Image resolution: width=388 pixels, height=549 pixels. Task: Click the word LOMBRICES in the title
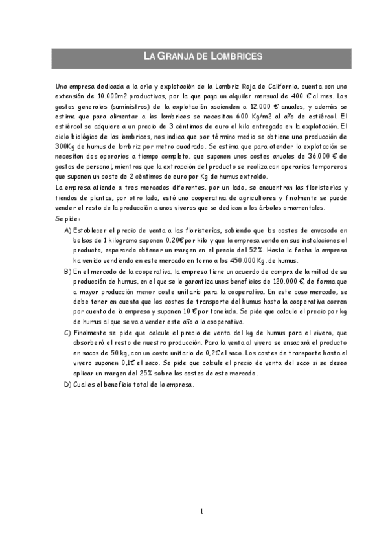point(236,56)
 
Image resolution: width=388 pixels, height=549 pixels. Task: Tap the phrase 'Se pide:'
point(69,219)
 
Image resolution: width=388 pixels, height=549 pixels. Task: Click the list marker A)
point(68,230)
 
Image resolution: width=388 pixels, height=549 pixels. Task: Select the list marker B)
point(68,271)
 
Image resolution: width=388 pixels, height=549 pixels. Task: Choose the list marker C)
point(68,333)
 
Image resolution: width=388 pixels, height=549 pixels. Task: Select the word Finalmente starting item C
point(91,333)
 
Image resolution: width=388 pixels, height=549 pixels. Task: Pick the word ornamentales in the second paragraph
point(304,208)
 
